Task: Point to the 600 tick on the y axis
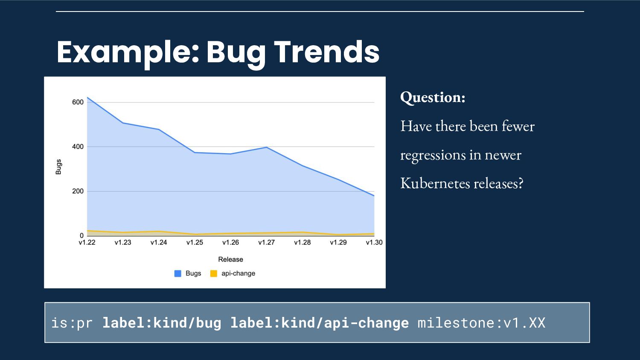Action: point(78,102)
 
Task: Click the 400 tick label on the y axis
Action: point(78,147)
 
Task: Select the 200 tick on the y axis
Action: point(78,191)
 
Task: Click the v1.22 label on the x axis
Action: point(87,242)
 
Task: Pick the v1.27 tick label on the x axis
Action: point(266,242)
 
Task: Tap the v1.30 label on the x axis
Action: point(374,242)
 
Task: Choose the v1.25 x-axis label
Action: point(195,242)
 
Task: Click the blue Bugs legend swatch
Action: point(178,273)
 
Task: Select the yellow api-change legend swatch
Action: point(214,273)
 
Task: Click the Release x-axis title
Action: point(230,259)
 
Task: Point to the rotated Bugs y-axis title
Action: point(58,167)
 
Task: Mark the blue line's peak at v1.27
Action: point(266,148)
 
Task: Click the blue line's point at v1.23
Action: point(123,123)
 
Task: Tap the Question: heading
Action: point(433,97)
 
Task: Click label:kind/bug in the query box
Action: point(162,323)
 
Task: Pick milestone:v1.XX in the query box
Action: point(481,323)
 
